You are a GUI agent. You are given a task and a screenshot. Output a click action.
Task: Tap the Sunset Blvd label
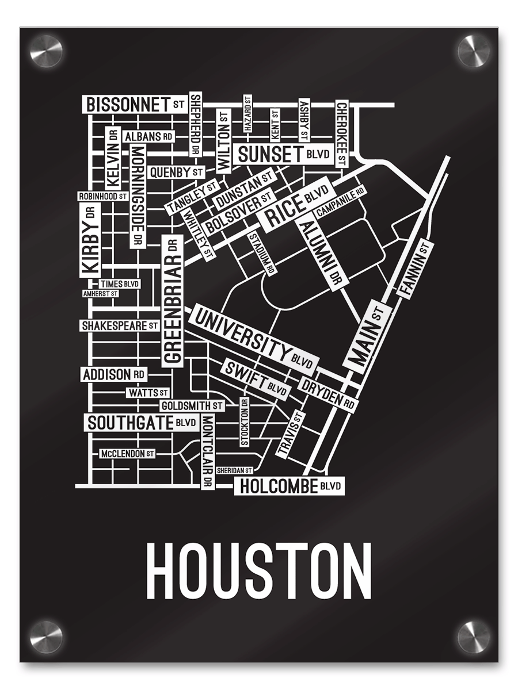coord(283,154)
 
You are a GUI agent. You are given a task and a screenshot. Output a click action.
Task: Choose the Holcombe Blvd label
coord(290,486)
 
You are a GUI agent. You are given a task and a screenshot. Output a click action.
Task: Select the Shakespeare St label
coord(119,326)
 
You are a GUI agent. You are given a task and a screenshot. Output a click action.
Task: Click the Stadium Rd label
coord(261,253)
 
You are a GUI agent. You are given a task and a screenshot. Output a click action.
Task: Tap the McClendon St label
coord(127,454)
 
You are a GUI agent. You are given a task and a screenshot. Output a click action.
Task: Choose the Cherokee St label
coord(342,132)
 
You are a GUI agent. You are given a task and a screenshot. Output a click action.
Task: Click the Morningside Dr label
coord(136,195)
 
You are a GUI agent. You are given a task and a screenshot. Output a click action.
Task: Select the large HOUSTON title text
coord(258,572)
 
